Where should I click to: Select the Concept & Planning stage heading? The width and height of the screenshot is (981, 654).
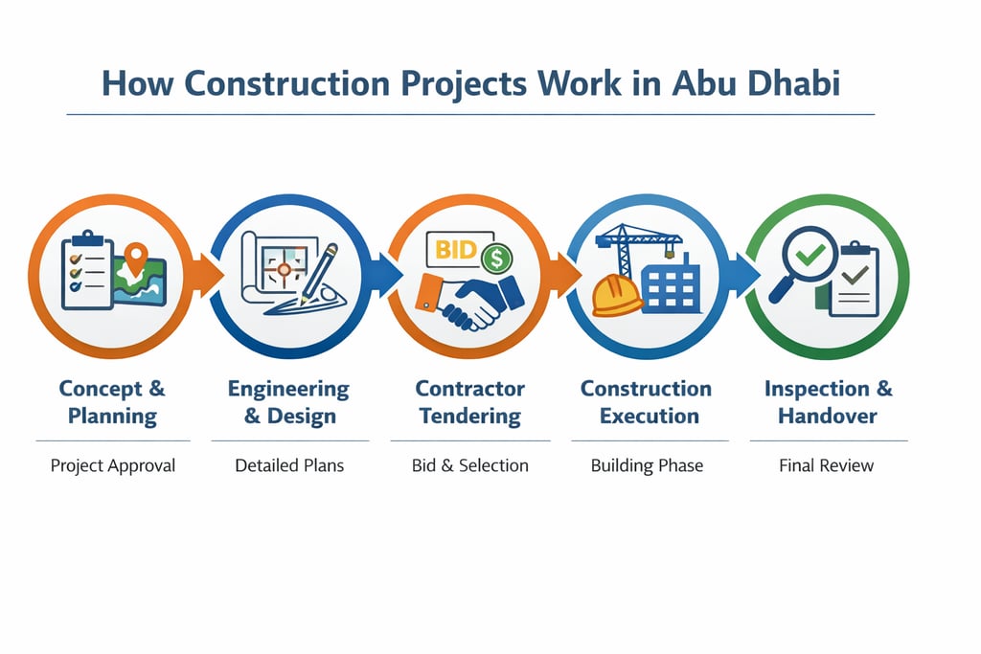pos(112,402)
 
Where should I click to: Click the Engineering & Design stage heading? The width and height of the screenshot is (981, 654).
pos(288,402)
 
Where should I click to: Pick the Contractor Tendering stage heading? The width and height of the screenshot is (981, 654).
pos(469,402)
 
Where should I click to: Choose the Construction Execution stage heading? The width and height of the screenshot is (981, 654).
pos(646,402)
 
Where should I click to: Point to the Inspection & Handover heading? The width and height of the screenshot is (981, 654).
pos(828,402)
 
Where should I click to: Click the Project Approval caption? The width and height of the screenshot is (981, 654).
pos(112,465)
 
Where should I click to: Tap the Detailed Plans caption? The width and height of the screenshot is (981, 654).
pos(288,465)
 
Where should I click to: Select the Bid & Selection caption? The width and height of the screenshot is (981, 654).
pos(469,465)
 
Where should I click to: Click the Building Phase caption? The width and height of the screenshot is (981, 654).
pos(646,465)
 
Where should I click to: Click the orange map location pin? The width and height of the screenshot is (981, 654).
pos(136,256)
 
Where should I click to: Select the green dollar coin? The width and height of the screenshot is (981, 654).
pos(496,257)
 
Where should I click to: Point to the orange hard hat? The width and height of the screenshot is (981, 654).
pos(616,295)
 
